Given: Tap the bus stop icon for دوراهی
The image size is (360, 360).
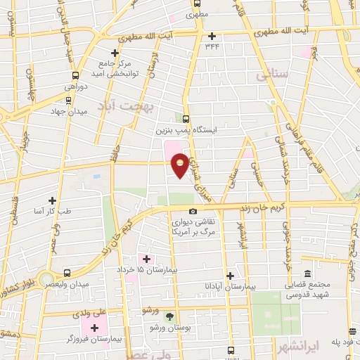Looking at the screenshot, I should point(75,76).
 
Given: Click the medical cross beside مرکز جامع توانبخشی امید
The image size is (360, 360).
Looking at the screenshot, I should point(115,53).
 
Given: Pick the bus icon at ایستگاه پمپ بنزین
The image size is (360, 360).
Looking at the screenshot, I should point(186,119).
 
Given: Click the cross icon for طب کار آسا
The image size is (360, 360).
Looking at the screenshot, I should point(52,200).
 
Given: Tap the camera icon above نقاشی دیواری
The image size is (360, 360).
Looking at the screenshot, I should point(193,211).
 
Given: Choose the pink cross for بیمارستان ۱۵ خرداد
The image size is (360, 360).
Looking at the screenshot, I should point(147,259).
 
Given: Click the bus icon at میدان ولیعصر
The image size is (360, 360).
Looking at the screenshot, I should point(67,273).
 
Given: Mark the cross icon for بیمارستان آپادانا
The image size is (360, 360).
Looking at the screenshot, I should point(229,276).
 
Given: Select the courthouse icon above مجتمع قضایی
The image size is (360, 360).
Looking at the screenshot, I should point(307,274).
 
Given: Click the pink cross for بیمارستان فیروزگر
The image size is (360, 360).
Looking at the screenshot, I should point(95,328).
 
